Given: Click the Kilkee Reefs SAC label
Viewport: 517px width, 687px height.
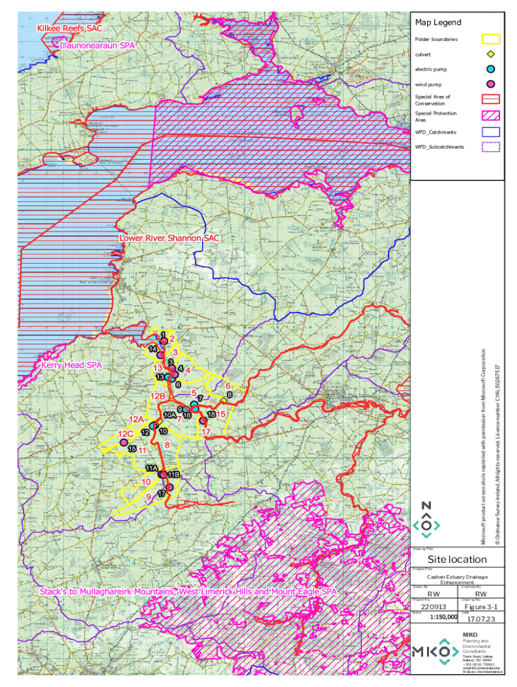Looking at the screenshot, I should tap(70, 29).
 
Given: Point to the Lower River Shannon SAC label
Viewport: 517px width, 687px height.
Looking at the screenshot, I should tap(169, 238).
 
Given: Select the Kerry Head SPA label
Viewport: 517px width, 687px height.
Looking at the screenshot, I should tap(70, 366).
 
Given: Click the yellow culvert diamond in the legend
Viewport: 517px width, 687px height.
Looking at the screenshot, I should tap(490, 54).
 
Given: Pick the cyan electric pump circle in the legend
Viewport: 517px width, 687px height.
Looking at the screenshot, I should tap(490, 69).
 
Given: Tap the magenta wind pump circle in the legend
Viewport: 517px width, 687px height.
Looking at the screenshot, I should tap(490, 84).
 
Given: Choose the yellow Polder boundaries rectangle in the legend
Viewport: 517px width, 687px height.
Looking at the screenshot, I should tap(490, 40).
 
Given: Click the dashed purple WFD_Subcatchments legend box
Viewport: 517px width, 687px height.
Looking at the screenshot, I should tap(490, 147).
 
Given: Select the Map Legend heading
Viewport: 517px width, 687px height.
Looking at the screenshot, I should tap(438, 23).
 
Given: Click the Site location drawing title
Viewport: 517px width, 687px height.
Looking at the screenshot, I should tap(457, 560).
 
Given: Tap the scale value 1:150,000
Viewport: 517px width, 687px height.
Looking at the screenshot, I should tap(442, 617).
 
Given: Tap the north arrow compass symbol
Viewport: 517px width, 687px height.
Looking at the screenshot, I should tap(426, 521).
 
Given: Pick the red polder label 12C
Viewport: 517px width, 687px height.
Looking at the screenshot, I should tap(125, 433).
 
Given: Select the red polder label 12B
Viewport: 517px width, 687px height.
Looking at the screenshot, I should tap(158, 397).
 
